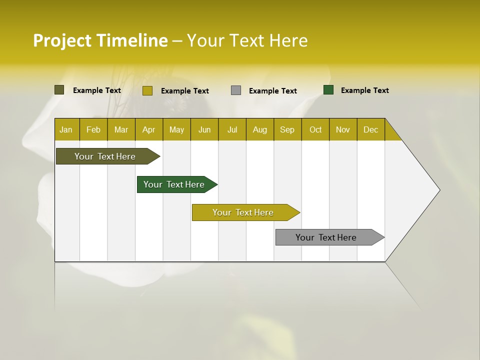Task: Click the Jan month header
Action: point(66,129)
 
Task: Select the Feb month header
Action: point(93,129)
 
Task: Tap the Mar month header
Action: point(121,129)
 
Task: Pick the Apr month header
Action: point(148,129)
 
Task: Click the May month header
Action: point(176,129)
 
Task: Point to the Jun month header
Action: point(204,129)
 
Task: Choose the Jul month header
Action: point(232,129)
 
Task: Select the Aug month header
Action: point(260,129)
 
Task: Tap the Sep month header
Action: point(287,129)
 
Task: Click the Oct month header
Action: point(315,129)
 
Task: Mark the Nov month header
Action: point(343,129)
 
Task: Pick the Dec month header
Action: point(371,129)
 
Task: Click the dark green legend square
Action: point(328,90)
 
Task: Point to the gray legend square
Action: point(236,90)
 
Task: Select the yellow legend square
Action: point(147,90)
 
